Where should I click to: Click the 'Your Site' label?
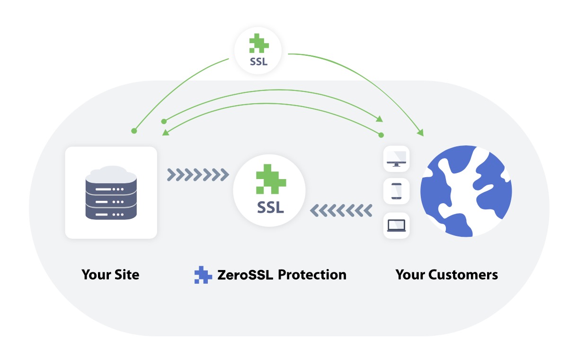[110, 275]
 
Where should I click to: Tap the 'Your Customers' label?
[446, 275]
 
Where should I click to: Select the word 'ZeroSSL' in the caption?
[245, 275]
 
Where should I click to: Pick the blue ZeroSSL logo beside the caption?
[203, 275]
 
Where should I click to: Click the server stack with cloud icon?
[111, 192]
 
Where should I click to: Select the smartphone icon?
[396, 191]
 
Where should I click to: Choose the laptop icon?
[396, 225]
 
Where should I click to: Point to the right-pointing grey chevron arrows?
[197, 174]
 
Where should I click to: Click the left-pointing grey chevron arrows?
[341, 209]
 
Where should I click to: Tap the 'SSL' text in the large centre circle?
[270, 207]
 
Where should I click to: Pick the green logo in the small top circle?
[259, 44]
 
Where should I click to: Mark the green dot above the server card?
[134, 130]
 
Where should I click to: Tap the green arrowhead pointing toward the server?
[165, 133]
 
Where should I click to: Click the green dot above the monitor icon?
[381, 135]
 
